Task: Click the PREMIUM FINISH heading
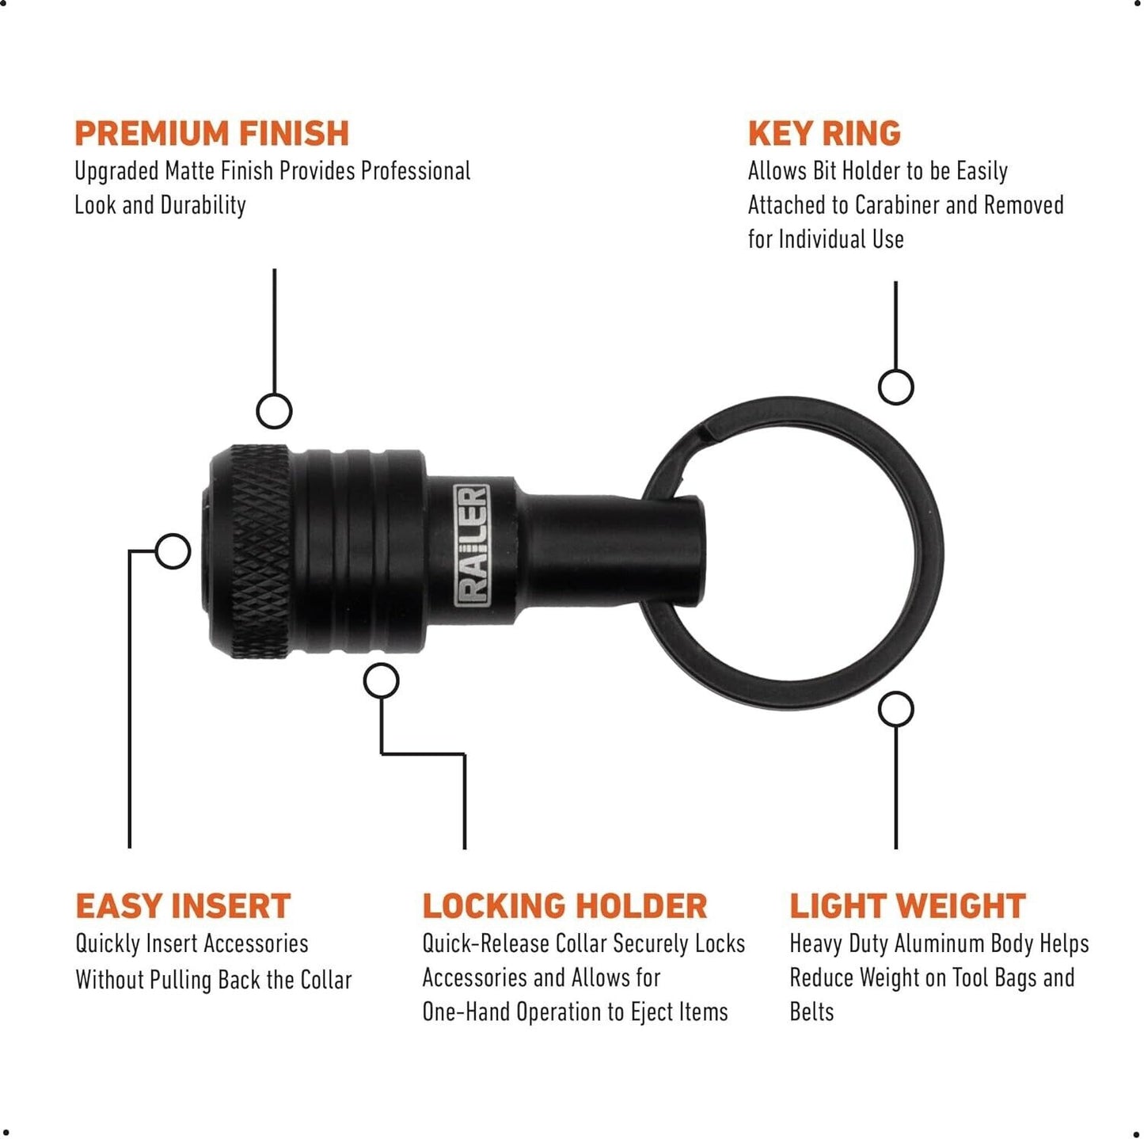pos(211,133)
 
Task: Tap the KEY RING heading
pos(824,133)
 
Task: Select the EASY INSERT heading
pos(183,906)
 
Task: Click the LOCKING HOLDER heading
pos(564,906)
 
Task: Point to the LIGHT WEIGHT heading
pos(907,906)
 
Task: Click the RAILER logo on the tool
pos(472,546)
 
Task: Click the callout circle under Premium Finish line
pos(274,410)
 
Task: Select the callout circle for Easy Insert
pos(173,550)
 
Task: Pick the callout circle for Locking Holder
pos(381,680)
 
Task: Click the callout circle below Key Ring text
pos(896,387)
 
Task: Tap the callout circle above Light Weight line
pos(896,709)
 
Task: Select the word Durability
pos(203,207)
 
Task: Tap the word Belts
pos(811,1011)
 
